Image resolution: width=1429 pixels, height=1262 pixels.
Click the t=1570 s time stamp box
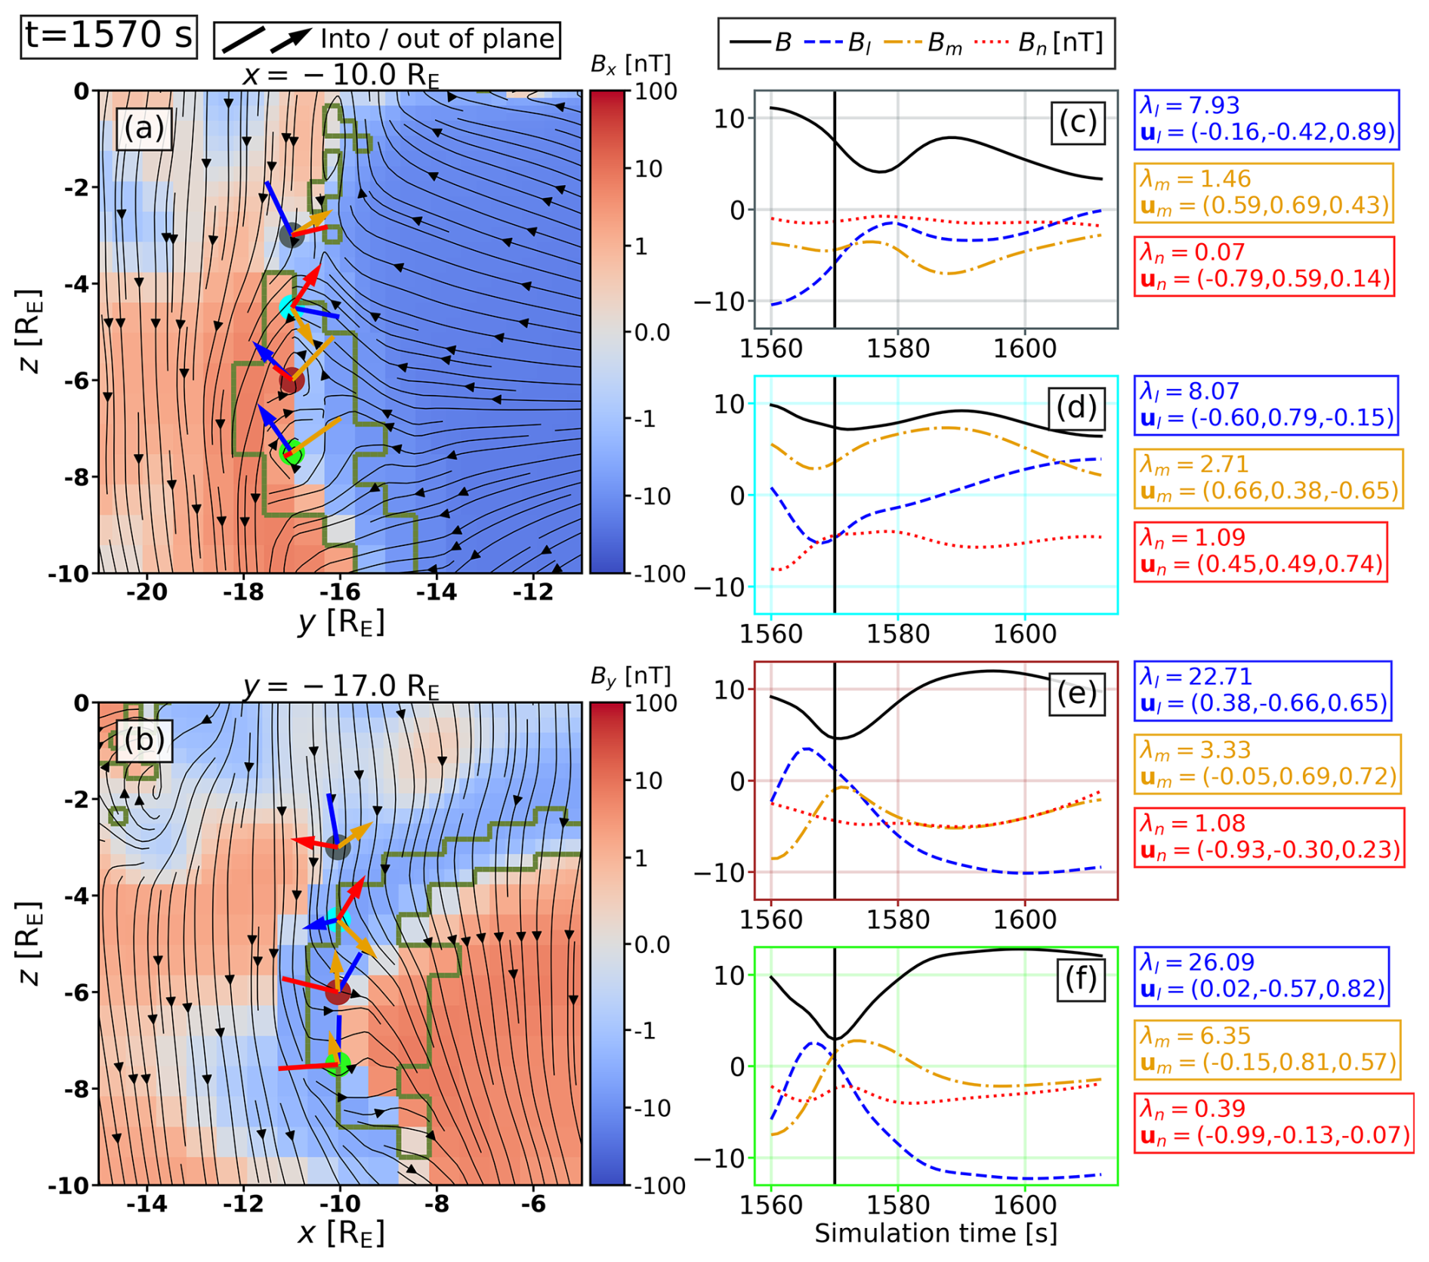(x=109, y=36)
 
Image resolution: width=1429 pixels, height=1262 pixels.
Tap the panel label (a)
(x=144, y=128)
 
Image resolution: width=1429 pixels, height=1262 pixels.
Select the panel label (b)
(x=144, y=739)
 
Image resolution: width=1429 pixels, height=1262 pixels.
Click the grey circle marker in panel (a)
(x=291, y=235)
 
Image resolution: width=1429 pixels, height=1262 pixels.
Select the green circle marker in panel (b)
(x=338, y=1063)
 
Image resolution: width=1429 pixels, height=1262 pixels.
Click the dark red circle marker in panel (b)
(x=338, y=992)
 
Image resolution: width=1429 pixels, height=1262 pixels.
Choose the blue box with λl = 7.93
(x=1266, y=119)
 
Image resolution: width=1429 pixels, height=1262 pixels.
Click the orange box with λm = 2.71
(x=1267, y=478)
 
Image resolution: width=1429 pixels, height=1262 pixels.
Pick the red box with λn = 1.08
(x=1268, y=837)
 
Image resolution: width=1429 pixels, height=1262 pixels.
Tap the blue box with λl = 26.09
(x=1261, y=976)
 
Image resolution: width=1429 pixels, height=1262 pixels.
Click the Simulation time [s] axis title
(x=935, y=1233)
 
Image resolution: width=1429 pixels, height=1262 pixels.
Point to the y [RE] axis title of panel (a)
(x=341, y=622)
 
